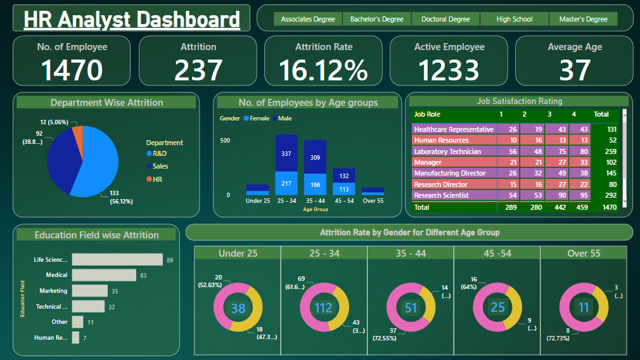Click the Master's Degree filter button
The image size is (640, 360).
(x=583, y=19)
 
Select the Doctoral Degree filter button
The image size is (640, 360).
(x=445, y=19)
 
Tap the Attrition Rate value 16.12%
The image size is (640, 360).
(x=323, y=70)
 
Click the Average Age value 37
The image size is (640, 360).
(x=574, y=70)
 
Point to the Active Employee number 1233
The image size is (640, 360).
(x=449, y=70)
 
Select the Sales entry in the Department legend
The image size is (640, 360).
(x=160, y=166)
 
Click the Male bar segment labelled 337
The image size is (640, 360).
(x=286, y=153)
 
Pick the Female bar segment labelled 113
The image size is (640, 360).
(x=343, y=188)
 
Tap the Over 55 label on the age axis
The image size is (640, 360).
(x=373, y=201)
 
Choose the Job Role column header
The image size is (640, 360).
(x=427, y=115)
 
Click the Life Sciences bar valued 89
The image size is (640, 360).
(x=117, y=259)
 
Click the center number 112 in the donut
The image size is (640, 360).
(x=324, y=308)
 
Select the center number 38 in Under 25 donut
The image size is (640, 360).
(x=238, y=309)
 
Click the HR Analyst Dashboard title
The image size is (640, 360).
(x=131, y=19)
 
